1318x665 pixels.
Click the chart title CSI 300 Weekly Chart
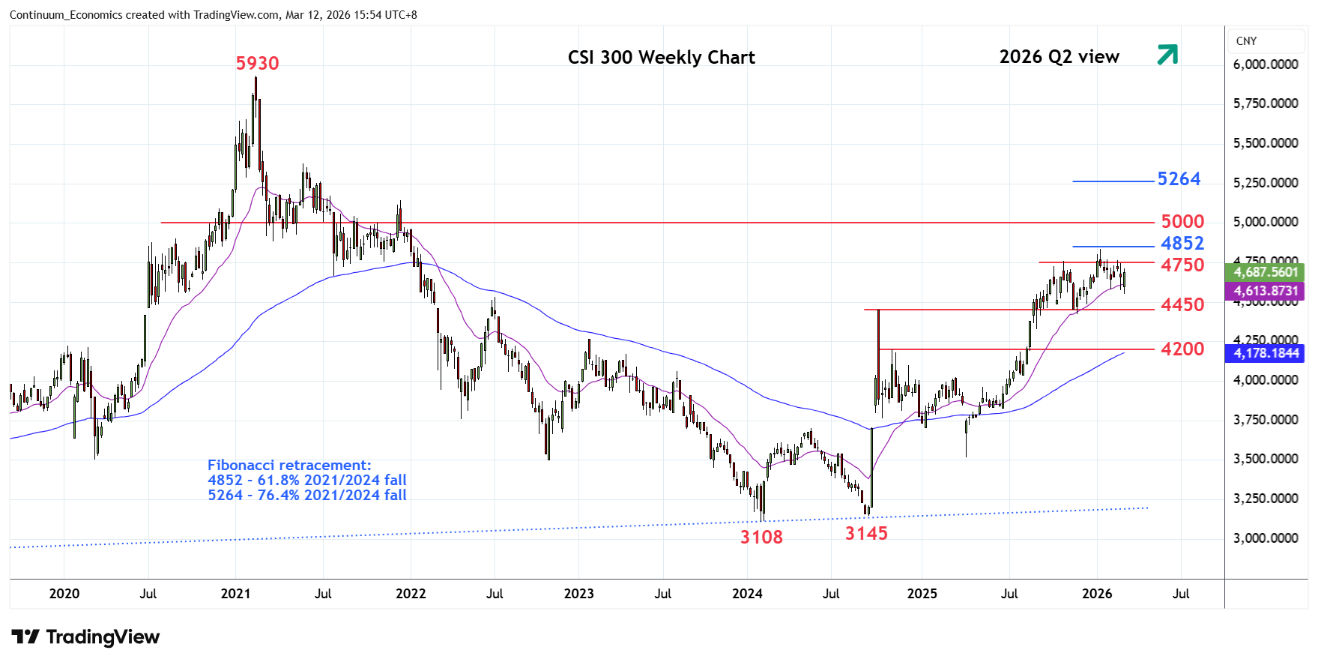661,58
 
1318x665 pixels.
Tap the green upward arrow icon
1167,55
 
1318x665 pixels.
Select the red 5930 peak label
257,64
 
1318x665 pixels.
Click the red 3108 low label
761,538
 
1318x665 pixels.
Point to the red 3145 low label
866,534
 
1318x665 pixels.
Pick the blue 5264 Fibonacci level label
1179,179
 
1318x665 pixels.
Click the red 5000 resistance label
1182,222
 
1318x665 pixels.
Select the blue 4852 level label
1182,244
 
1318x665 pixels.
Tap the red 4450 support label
1182,305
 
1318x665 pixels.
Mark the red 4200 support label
1182,349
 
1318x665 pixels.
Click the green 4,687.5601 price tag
1266,272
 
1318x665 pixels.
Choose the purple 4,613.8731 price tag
1266,291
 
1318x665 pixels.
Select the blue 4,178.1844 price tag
1266,353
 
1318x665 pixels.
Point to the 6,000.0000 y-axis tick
1266,64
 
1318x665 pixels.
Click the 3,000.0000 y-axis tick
1266,538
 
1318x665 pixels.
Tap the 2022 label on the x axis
411,594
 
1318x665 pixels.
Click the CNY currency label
1246,41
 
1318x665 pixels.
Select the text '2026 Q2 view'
1059,57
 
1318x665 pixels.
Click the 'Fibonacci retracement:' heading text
289,466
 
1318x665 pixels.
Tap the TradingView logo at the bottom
85,637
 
